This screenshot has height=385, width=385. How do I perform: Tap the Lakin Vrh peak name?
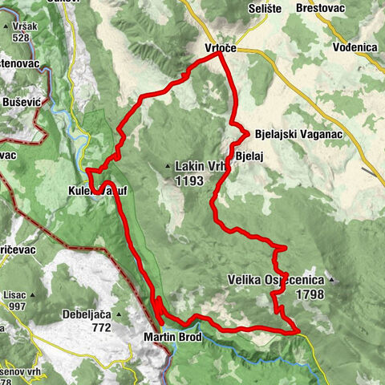tap(201, 167)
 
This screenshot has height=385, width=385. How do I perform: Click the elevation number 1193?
tap(189, 182)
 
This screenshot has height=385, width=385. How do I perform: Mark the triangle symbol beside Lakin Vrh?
tap(167, 167)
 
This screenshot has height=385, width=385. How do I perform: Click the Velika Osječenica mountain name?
tap(276, 280)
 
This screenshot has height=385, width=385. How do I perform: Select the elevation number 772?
tap(100, 327)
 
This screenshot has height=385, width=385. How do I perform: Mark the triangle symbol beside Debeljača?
tap(118, 314)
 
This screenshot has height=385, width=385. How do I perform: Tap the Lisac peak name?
tap(16, 294)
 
